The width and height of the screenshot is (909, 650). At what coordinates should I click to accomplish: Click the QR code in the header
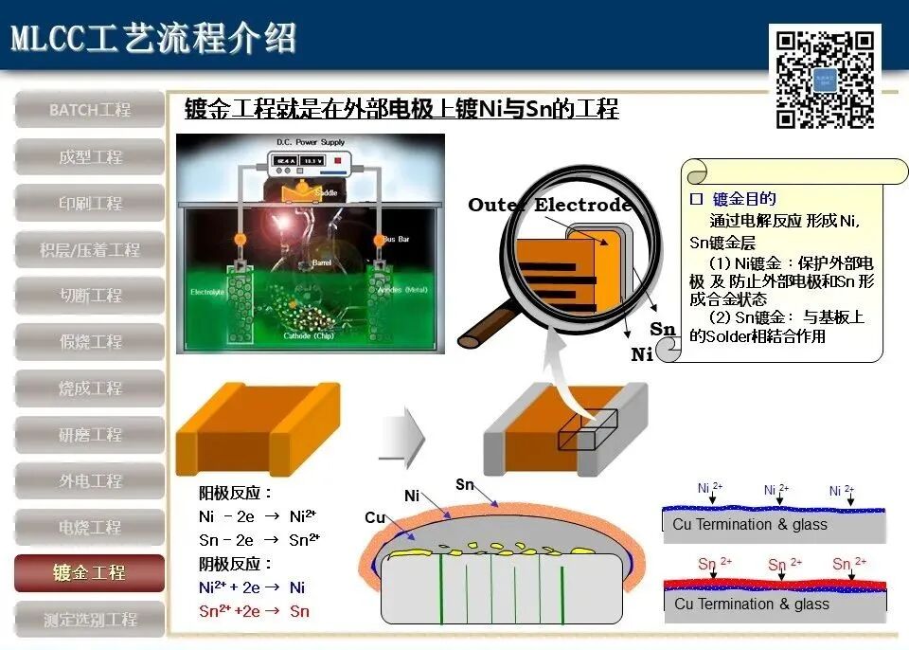[x=824, y=79]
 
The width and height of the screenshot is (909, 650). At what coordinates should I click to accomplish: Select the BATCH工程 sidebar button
[x=90, y=110]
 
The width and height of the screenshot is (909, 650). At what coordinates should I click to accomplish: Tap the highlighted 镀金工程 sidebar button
[x=90, y=573]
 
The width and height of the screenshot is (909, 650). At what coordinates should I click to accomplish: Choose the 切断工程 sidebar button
[x=90, y=296]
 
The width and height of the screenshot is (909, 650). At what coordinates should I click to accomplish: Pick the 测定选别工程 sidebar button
[x=90, y=620]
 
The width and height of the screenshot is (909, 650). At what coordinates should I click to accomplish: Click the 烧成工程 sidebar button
[x=90, y=388]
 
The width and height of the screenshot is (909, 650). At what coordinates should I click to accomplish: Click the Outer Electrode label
[x=549, y=206]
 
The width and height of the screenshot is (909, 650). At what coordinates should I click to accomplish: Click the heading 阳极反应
[x=236, y=494]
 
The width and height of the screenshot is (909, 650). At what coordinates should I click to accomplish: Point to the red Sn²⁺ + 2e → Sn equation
[x=254, y=611]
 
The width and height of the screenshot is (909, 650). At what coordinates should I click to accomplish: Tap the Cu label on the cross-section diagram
[x=375, y=518]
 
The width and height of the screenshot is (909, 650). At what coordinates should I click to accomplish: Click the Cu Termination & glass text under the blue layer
[x=749, y=525]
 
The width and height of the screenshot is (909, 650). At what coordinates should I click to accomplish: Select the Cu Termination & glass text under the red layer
[x=749, y=605]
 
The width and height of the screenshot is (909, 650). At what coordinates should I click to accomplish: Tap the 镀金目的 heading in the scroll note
[x=743, y=199]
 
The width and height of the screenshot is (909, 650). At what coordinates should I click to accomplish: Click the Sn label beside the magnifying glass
[x=662, y=330]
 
